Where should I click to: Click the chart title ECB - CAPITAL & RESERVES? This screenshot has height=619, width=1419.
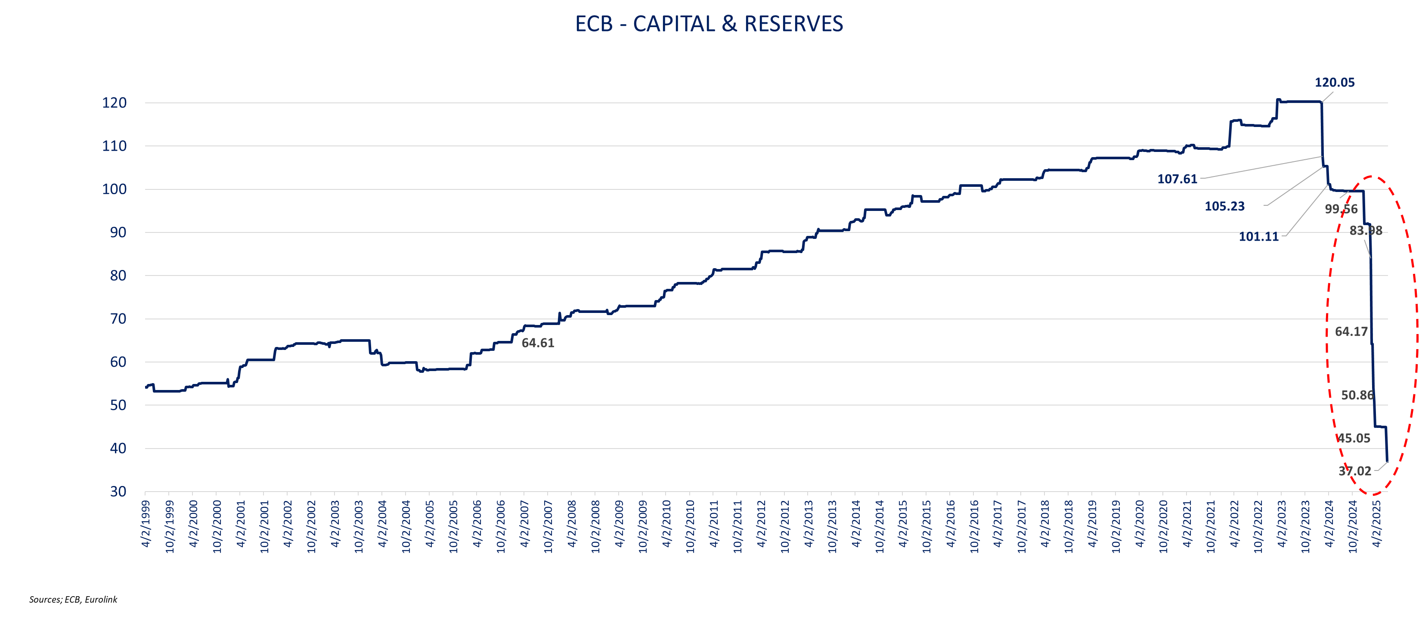[709, 24]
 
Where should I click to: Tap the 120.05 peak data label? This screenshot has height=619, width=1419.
[1334, 83]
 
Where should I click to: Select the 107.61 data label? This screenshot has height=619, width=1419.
[1177, 179]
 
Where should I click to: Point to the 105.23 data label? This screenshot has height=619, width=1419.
[1224, 207]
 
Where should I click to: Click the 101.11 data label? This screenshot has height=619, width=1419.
[1258, 237]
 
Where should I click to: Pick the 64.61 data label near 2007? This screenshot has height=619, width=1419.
[538, 343]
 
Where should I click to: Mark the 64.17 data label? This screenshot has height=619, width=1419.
[1351, 331]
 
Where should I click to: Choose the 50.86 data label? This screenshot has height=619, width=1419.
[1357, 396]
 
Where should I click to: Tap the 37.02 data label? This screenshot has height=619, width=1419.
[1354, 471]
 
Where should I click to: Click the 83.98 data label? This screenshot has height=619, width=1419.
[1365, 231]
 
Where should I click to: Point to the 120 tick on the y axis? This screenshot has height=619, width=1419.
[114, 103]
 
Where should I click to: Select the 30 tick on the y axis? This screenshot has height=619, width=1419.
[118, 491]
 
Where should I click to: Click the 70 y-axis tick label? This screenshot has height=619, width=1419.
[118, 319]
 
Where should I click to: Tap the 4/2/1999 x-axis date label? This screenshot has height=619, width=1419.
[146, 524]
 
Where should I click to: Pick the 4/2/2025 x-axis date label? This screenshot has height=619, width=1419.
[1376, 524]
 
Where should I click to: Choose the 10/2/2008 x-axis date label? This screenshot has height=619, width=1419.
[595, 526]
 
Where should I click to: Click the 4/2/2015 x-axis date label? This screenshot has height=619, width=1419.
[903, 524]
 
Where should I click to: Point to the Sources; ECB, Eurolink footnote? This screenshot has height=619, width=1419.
[73, 599]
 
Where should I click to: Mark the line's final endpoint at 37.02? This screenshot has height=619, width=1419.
[1387, 461]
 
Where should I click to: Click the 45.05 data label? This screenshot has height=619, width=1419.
[1354, 438]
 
